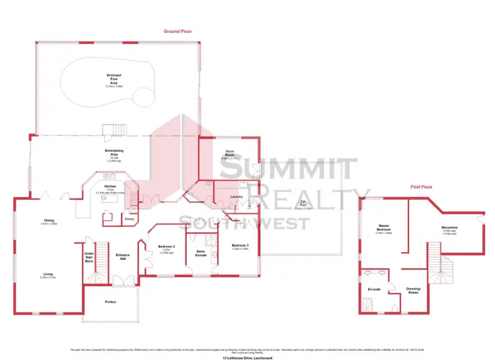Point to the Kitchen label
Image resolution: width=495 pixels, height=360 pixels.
pyautogui.click(x=110, y=187)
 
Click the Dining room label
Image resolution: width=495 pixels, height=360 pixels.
pyautogui.click(x=49, y=220)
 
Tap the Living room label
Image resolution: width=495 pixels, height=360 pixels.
pyautogui.click(x=48, y=275)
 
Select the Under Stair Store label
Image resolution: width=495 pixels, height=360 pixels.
pyautogui.click(x=89, y=256)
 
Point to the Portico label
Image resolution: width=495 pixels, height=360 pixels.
pyautogui.click(x=110, y=302)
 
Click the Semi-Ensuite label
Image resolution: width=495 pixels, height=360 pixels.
pyautogui.click(x=201, y=253)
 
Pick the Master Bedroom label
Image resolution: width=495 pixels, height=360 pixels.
pyautogui.click(x=383, y=227)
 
